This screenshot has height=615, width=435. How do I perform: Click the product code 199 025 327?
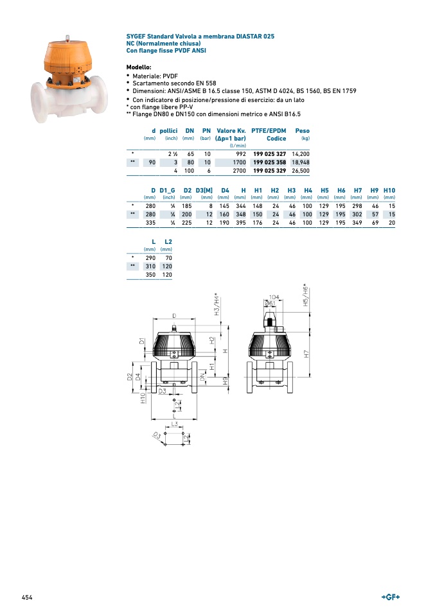269,154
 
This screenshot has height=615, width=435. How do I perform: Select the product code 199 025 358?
269,162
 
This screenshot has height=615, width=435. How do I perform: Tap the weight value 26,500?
300,171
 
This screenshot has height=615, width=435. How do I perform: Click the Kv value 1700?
239,162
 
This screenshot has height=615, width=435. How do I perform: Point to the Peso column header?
302,130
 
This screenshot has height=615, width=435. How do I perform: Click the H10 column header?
389,190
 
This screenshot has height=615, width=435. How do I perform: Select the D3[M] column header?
204,190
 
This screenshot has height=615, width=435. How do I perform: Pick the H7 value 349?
357,223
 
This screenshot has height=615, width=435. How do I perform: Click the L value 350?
150,275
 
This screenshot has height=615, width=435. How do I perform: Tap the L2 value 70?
168,258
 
